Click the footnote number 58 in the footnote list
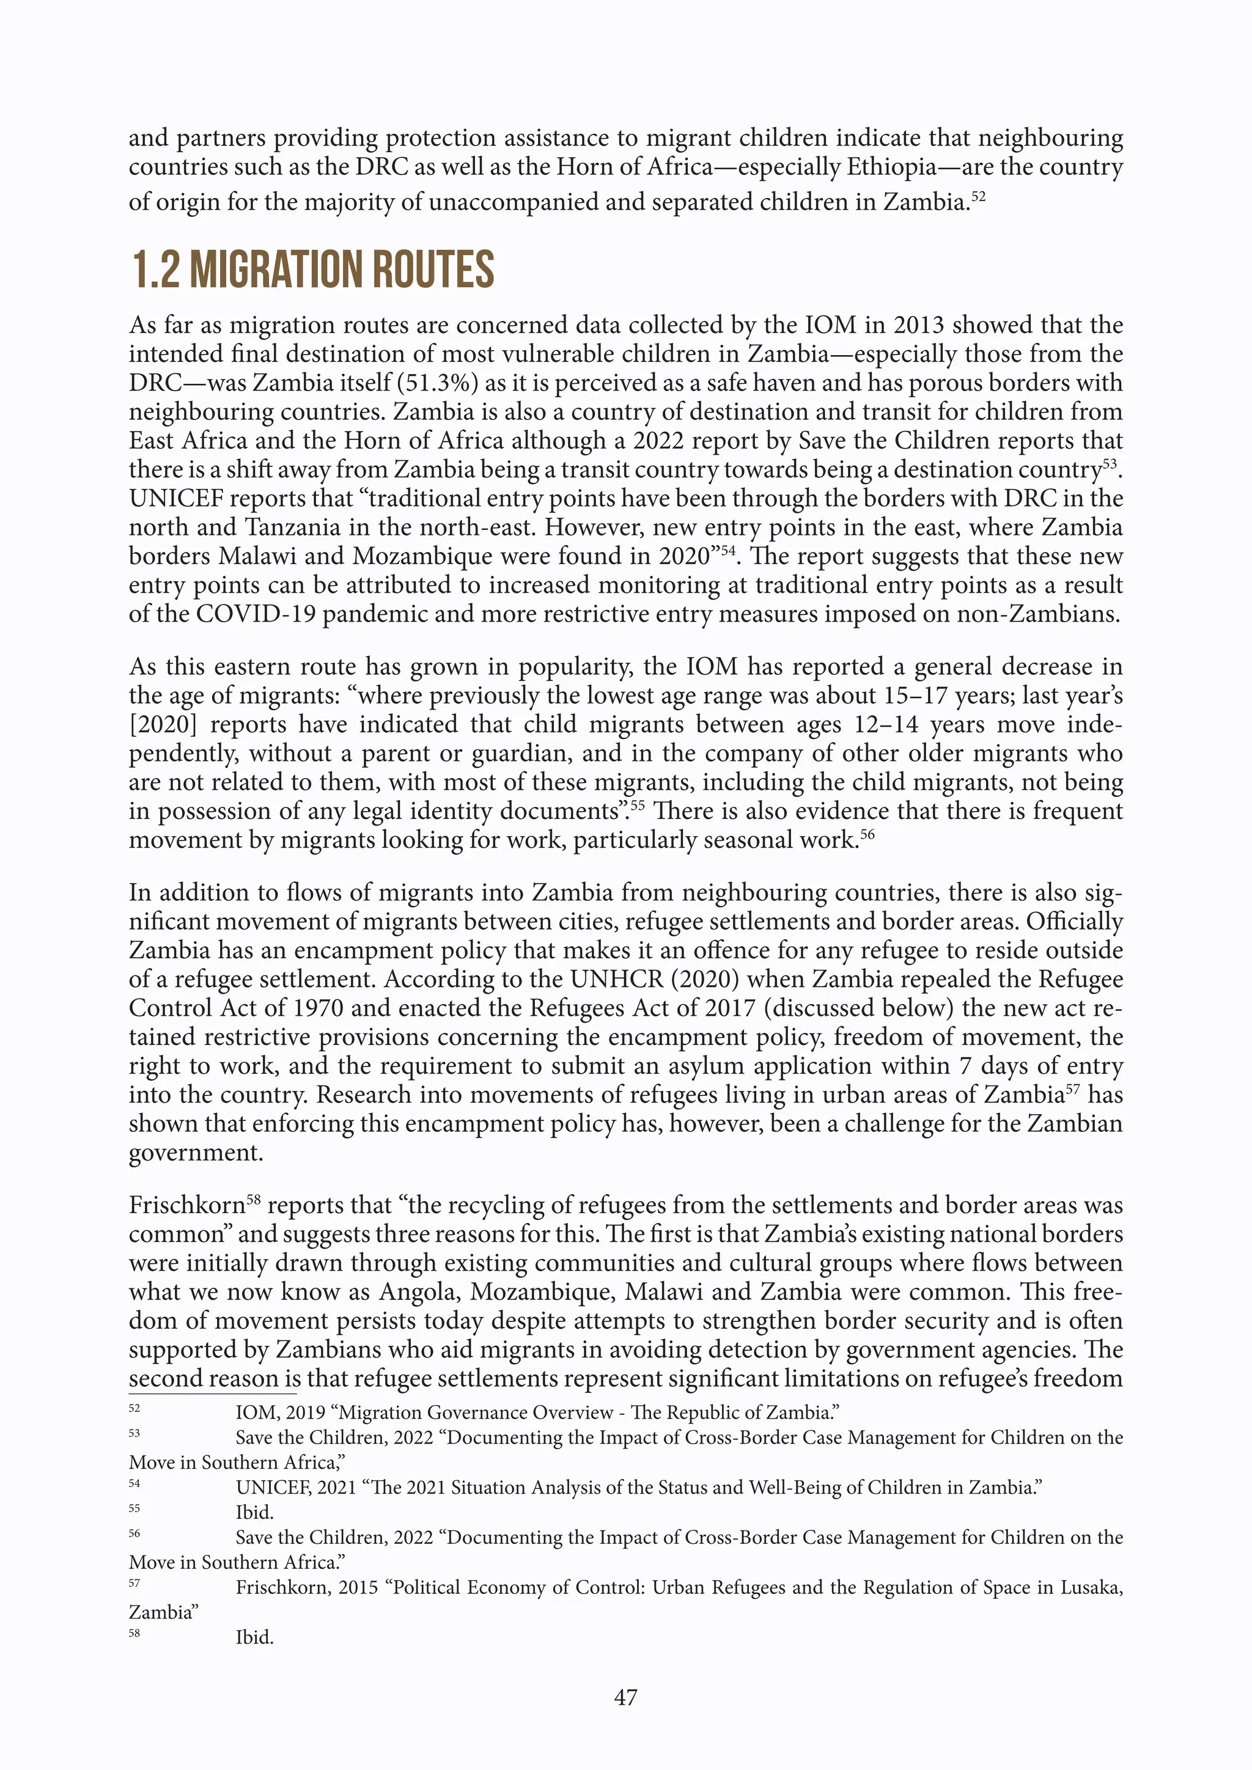coord(134,1632)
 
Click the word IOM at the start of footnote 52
coord(254,1412)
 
